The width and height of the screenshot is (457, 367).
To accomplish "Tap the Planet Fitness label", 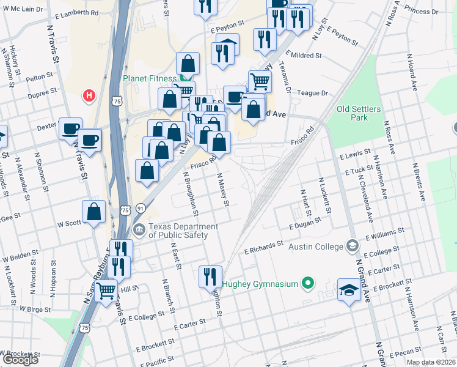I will coord(149,78).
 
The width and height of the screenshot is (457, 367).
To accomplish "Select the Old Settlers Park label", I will coord(359,114).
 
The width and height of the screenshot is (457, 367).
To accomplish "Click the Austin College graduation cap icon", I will coord(352,246).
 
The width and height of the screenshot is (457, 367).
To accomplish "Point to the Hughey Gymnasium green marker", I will coord(308,283).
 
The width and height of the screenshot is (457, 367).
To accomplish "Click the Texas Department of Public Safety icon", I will coord(139,230).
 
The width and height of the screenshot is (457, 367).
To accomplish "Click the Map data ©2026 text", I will coord(430,362).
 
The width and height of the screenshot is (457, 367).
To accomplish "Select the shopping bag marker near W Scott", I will coord(95,213).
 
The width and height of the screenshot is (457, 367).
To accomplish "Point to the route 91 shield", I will coord(141,209).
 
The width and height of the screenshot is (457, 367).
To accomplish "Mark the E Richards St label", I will coord(263,247).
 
